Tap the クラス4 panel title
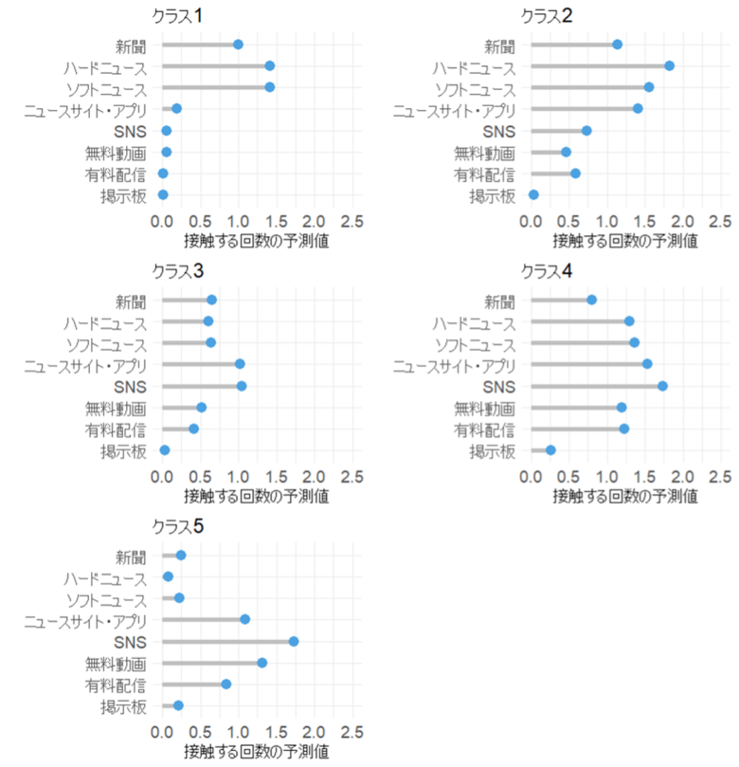[x=546, y=270]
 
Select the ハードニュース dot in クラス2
[x=669, y=65]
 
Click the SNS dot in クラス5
[x=294, y=641]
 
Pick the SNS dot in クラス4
[x=662, y=386]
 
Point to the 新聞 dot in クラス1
[x=238, y=45]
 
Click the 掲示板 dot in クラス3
[x=165, y=450]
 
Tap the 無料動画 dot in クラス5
[x=261, y=663]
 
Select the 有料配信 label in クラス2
[x=484, y=173]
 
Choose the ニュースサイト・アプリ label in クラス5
[x=85, y=620]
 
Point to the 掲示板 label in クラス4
[x=493, y=450]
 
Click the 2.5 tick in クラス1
[x=351, y=221]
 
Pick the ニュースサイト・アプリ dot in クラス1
[x=176, y=109]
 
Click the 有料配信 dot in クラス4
[x=623, y=429]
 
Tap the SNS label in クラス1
[x=130, y=131]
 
